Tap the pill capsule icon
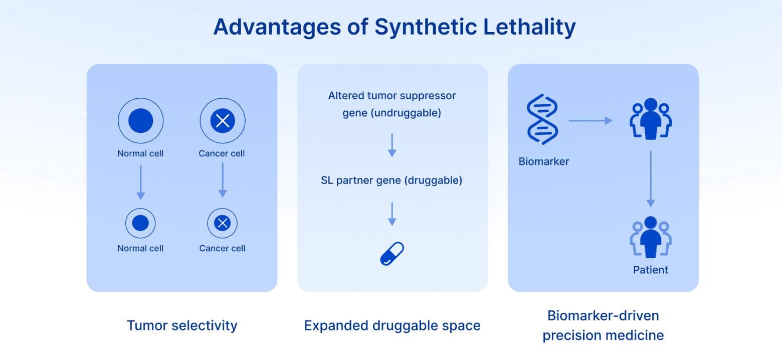point(392,254)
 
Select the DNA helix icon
point(542,119)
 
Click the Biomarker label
point(544,161)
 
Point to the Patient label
point(651,270)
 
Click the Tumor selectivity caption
point(182,325)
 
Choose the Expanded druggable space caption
point(392,325)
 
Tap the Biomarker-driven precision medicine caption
point(603,325)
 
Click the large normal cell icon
point(140,121)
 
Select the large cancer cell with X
point(223,121)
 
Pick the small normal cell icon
point(140,223)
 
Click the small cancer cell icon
point(222,223)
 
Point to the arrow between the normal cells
point(140,182)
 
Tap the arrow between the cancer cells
point(223,179)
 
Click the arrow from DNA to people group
point(590,120)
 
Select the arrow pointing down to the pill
point(392,214)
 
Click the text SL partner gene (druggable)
point(392,180)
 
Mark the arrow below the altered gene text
point(392,145)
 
